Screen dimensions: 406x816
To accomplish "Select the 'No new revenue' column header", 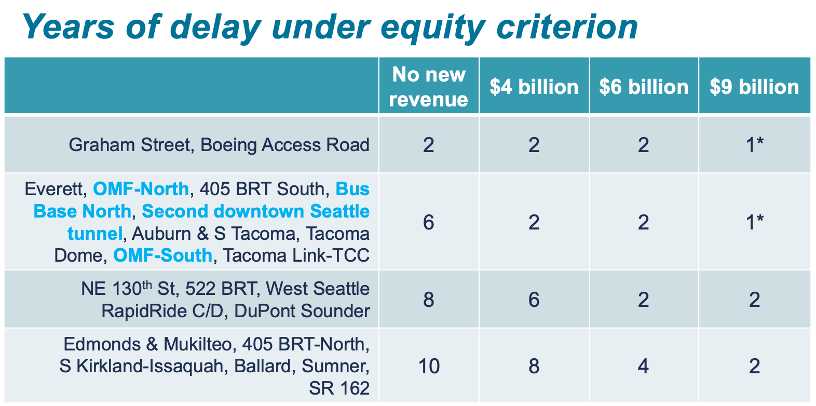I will click(x=429, y=86).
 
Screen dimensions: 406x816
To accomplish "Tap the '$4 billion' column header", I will click(x=534, y=87).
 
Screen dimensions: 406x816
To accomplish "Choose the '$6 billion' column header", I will click(x=644, y=87).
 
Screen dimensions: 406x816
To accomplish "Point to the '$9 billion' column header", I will click(x=754, y=87).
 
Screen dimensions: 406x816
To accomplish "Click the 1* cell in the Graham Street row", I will click(x=754, y=145).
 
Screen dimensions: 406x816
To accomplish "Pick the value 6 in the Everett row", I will click(x=429, y=222).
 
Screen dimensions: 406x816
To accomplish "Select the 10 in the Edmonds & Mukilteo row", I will click(x=429, y=366).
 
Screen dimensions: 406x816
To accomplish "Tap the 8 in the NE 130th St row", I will click(x=429, y=300).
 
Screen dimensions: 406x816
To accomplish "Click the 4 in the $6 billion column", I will click(x=644, y=366).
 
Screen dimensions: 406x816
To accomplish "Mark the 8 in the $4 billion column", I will click(x=534, y=366).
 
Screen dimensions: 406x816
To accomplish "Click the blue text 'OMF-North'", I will click(x=141, y=188).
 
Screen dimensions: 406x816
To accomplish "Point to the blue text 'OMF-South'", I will click(x=162, y=255).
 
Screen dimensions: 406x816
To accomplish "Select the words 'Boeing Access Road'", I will click(x=285, y=145).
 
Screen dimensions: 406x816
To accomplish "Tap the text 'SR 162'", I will click(x=339, y=388).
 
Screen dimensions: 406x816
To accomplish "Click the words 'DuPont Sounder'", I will click(x=302, y=311).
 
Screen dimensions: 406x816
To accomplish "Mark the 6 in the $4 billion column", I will click(x=534, y=300).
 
